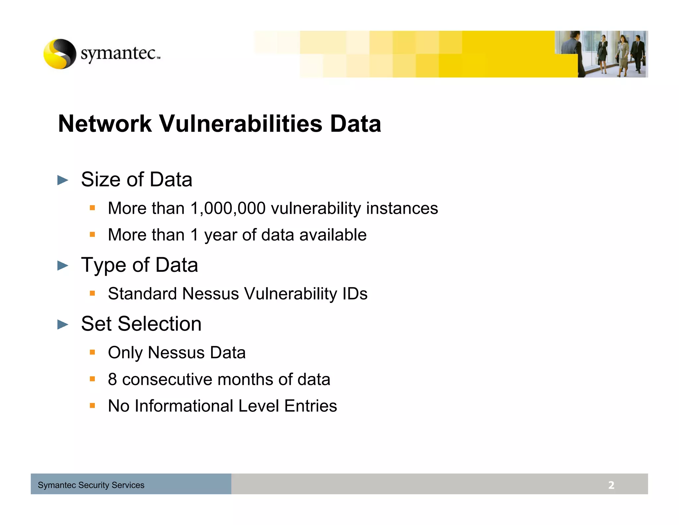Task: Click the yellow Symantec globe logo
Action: [x=60, y=54]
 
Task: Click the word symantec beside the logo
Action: [x=118, y=53]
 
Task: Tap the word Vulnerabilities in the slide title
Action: [x=241, y=124]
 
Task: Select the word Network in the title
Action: [x=105, y=124]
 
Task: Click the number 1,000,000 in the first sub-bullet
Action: [x=228, y=208]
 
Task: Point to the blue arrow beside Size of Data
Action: [x=63, y=180]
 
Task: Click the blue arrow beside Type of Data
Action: [x=63, y=265]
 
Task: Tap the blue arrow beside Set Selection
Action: [x=63, y=324]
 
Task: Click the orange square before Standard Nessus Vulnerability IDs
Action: [x=93, y=293]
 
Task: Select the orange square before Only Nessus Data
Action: [x=93, y=352]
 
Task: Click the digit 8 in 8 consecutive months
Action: [x=112, y=379]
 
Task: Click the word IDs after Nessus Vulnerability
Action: [x=355, y=294]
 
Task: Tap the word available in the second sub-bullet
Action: [x=333, y=235]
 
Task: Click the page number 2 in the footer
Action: [x=611, y=485]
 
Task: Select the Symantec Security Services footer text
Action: [x=91, y=485]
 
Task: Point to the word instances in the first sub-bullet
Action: [x=402, y=208]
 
